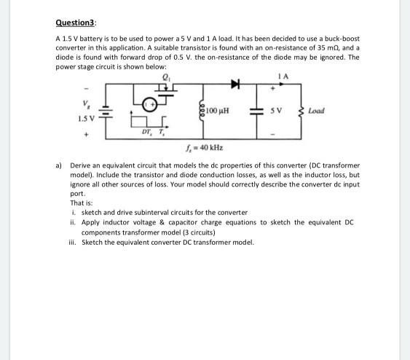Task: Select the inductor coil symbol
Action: click(201, 111)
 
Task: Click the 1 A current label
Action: click(272, 74)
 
